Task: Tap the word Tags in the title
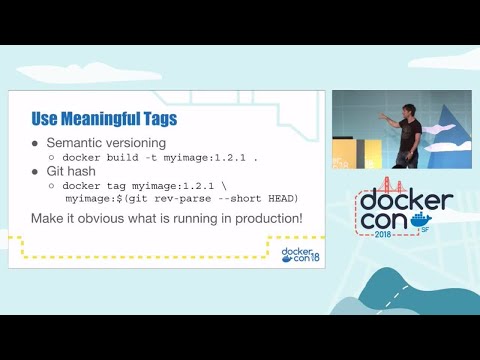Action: pos(159,119)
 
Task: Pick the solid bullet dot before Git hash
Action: pos(36,172)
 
